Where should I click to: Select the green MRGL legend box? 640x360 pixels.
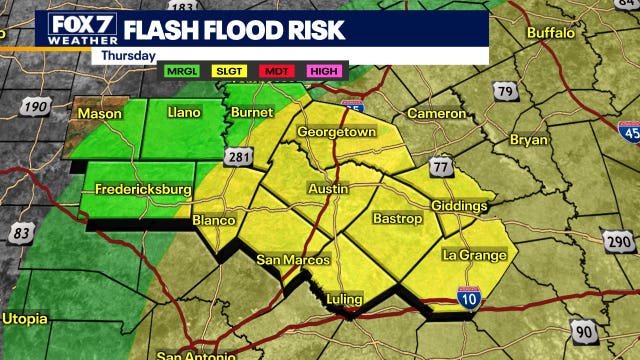tap(183, 72)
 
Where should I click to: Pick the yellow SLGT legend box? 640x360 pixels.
tap(230, 72)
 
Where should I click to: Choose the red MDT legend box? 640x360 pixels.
tap(277, 72)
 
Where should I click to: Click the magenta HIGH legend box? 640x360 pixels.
tap(323, 72)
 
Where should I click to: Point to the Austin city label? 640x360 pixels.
tap(328, 188)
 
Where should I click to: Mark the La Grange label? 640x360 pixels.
tap(475, 255)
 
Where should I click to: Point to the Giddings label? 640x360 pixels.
tap(460, 206)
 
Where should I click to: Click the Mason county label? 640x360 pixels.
tap(99, 114)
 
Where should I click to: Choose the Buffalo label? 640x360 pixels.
tap(551, 33)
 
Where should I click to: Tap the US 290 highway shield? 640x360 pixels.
tap(616, 241)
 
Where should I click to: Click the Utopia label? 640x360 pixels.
tap(24, 319)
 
